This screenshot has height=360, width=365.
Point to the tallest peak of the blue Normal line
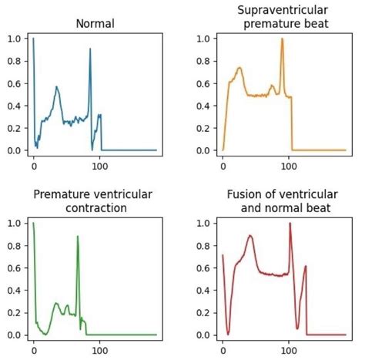tap(90, 49)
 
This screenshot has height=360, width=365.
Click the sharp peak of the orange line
tap(282, 39)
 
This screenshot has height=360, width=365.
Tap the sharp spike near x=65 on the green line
tap(78, 237)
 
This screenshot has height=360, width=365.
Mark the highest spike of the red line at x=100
tap(290, 224)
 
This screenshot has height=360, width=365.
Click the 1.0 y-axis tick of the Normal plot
tap(15, 38)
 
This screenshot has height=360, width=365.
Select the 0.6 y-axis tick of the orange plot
tap(205, 82)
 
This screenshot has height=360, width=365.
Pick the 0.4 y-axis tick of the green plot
tap(15, 290)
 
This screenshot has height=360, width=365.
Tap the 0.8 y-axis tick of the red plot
tap(205, 245)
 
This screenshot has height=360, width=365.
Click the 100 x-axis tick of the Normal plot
tap(99, 164)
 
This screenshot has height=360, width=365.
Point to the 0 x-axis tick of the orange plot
tap(223, 164)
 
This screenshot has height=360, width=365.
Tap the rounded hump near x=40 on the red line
tap(250, 237)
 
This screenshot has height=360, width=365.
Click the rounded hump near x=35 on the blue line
tap(56, 87)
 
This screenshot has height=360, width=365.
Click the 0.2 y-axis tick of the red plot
tap(205, 312)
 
